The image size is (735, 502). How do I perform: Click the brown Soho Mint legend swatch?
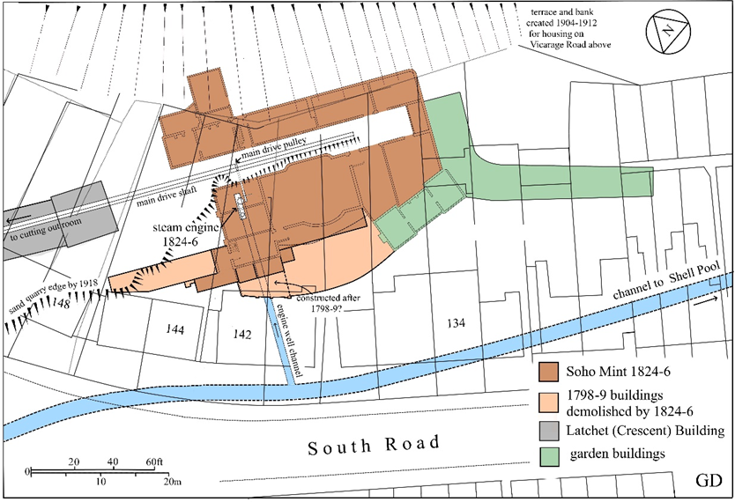pos(550,370)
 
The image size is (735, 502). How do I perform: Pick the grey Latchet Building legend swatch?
pos(550,431)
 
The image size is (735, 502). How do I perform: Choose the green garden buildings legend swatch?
pos(550,455)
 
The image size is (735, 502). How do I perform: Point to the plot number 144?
pos(175,329)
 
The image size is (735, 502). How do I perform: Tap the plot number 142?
pos(242,335)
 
